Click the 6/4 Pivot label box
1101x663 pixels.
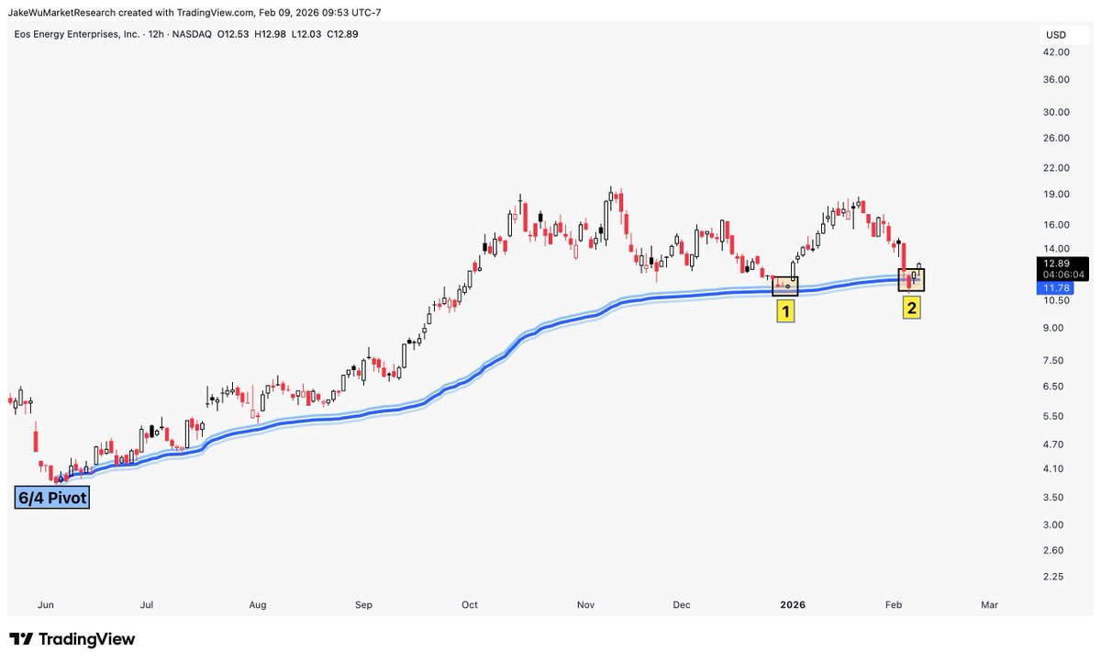tap(51, 497)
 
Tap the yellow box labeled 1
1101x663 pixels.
tap(785, 311)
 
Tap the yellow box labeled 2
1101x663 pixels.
tap(911, 308)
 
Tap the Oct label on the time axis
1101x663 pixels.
tap(470, 605)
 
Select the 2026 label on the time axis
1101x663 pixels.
tap(792, 605)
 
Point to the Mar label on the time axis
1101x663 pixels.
tap(989, 605)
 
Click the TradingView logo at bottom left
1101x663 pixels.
tap(72, 639)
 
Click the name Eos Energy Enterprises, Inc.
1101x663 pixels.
tap(76, 34)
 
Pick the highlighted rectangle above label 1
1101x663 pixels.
tap(785, 286)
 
